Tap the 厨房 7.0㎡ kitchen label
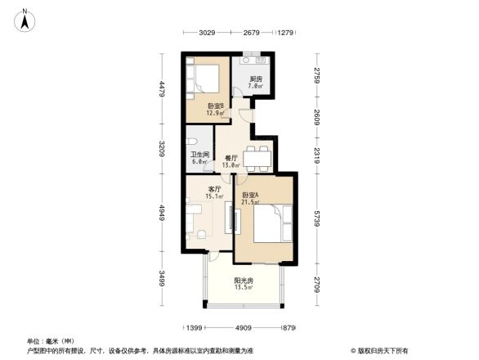[256, 82]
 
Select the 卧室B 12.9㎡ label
[215, 109]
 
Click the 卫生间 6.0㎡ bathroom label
[200, 158]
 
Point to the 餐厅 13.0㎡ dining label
[231, 161]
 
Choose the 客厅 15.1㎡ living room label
[215, 192]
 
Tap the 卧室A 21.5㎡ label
[251, 198]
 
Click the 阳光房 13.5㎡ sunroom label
[244, 284]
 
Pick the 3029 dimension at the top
[207, 33]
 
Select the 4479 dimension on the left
[163, 88]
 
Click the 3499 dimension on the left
[163, 278]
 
